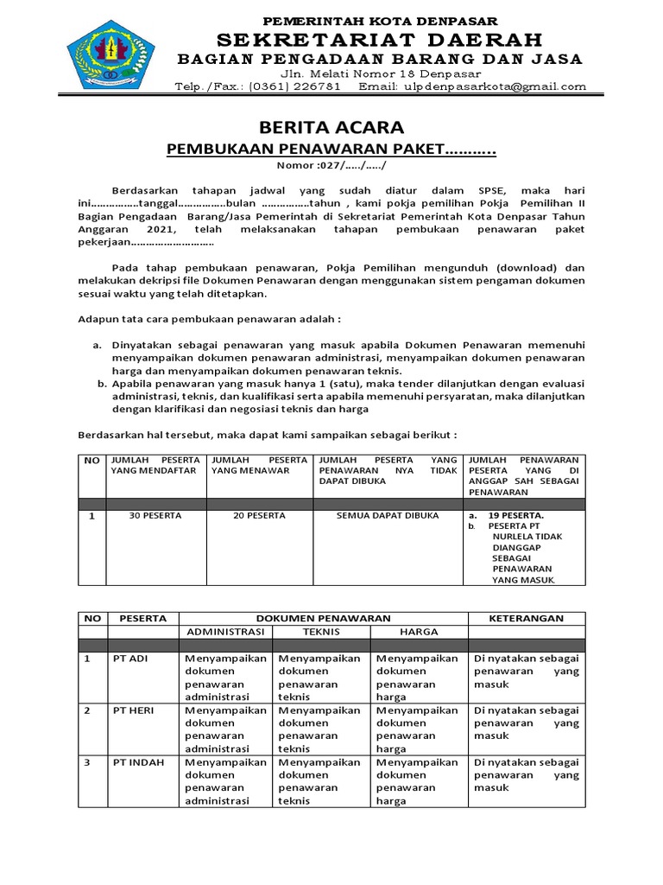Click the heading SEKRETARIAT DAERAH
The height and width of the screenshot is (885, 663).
point(380,40)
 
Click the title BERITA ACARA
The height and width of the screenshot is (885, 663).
point(331,129)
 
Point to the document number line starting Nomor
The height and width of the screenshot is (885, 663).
point(331,166)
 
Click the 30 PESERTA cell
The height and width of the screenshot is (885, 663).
point(155,516)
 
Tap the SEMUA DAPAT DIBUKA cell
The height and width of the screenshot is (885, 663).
point(388,516)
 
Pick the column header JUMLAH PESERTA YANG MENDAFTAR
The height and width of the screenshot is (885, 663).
point(155,465)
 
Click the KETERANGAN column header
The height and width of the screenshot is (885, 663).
point(526,618)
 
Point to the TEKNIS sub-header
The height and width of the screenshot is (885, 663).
point(320,632)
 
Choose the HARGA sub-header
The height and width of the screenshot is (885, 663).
point(418,632)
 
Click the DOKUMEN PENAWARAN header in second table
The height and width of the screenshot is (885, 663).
point(321,618)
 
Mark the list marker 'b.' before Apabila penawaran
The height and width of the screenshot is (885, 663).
point(101,383)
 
